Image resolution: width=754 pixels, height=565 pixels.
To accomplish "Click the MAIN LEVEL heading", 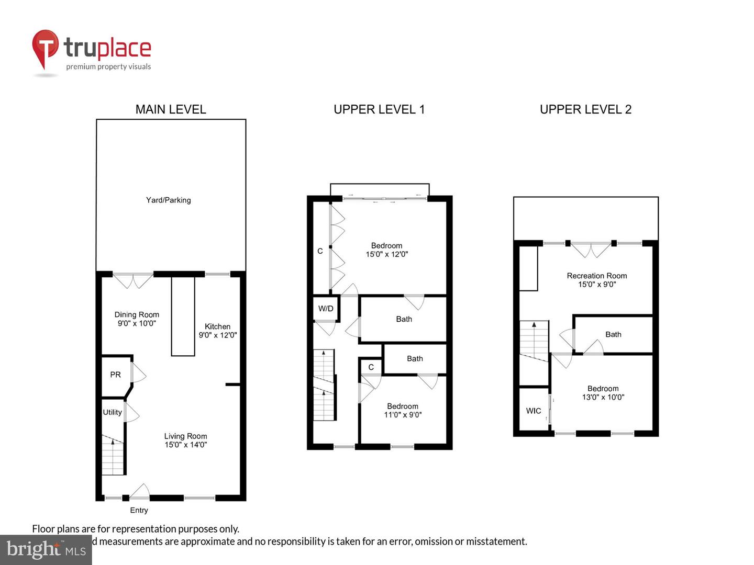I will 171,109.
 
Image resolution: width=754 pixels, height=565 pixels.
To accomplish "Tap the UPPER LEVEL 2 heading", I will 585,109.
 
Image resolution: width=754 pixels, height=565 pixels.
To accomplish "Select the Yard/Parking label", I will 168,200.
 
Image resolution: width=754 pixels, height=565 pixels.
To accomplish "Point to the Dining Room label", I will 137,315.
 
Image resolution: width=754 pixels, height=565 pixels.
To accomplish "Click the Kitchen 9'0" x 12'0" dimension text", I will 218,335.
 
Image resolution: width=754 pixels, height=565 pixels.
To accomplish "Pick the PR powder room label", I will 115,375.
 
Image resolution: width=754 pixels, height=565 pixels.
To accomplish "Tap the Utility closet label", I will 112,412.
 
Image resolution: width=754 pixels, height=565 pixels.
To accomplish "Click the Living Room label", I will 185,436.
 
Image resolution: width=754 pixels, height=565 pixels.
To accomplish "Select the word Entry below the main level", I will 139,510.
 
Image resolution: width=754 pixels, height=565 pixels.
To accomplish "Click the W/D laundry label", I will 326,309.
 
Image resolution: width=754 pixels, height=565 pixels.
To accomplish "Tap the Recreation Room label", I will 597,276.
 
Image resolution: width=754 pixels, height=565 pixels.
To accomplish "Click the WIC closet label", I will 534,411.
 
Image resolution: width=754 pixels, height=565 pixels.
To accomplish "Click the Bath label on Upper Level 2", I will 613,334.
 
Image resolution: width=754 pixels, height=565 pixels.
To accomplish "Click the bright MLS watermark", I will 46,549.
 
